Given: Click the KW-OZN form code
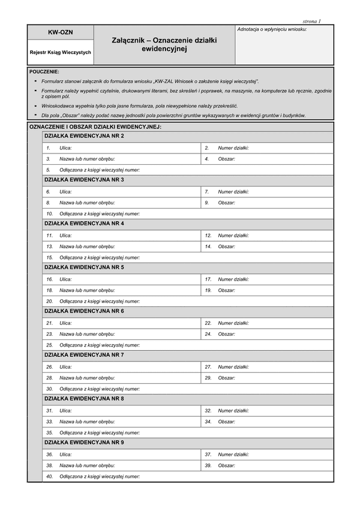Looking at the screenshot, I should pyautogui.click(x=60, y=32).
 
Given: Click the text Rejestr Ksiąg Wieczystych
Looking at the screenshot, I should pyautogui.click(x=60, y=53).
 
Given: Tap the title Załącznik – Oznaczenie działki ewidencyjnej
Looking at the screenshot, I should pyautogui.click(x=164, y=44).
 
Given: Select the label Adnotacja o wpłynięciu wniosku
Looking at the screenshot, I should pyautogui.click(x=272, y=29).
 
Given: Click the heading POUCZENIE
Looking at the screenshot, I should pyautogui.click(x=44, y=72).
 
